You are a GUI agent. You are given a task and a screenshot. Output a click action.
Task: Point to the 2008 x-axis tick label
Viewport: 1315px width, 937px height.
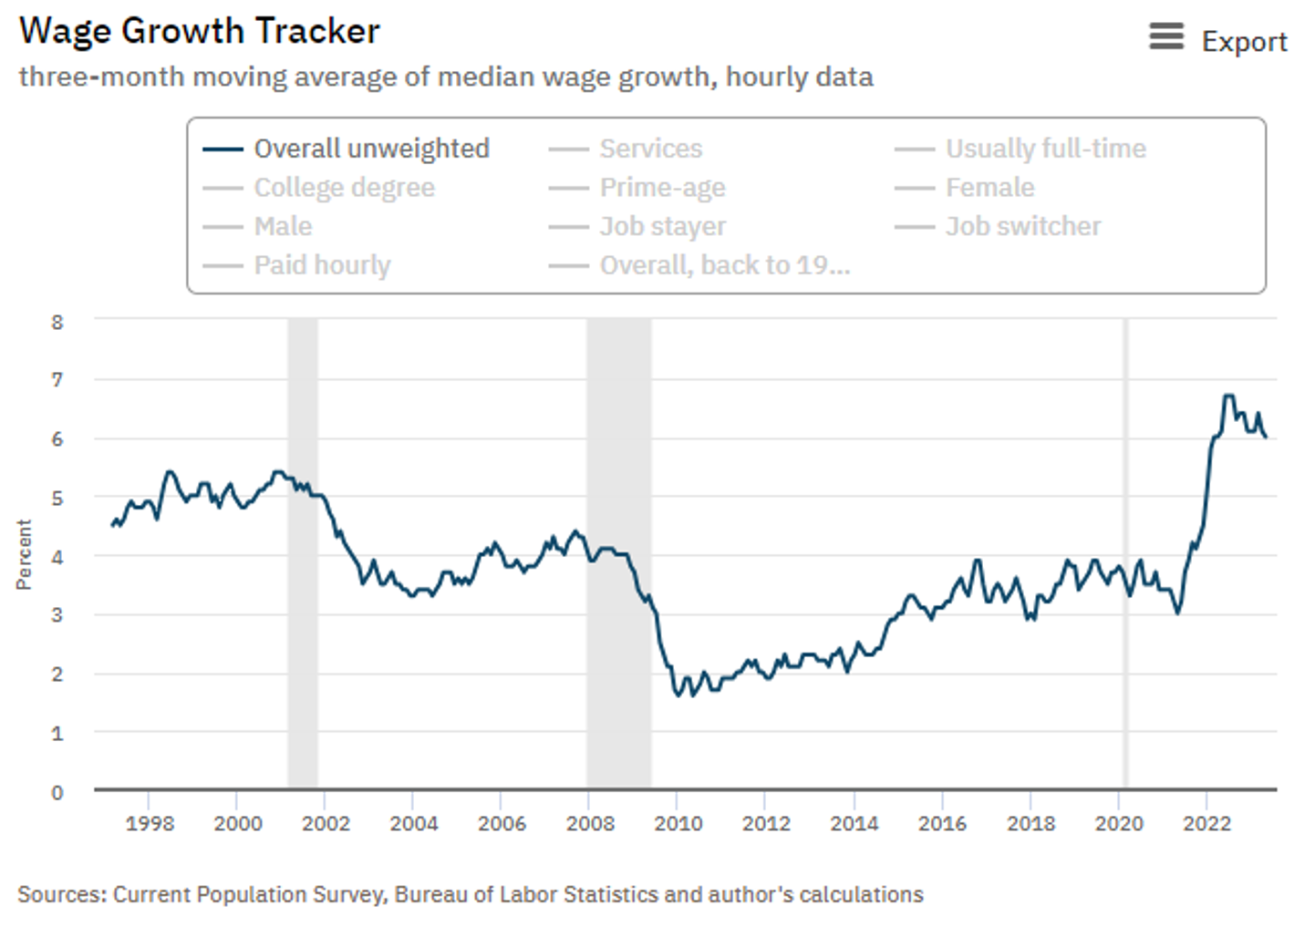[590, 823]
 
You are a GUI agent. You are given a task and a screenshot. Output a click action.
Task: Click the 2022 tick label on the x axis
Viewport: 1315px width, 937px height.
[1206, 823]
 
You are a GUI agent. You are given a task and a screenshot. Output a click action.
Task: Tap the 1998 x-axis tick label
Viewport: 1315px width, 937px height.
[150, 823]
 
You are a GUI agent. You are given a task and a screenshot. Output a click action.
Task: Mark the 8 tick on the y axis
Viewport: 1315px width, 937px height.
[57, 322]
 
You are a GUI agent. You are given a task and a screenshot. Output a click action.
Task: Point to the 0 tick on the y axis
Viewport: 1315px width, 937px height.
[57, 792]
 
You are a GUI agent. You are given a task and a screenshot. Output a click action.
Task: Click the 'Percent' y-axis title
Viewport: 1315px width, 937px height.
[24, 555]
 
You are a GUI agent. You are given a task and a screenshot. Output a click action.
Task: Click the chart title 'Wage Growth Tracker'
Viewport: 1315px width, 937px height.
[200, 31]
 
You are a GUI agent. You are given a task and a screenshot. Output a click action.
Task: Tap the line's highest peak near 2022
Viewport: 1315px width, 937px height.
[1228, 396]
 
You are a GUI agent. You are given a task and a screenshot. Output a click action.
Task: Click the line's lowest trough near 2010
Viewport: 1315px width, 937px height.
[678, 695]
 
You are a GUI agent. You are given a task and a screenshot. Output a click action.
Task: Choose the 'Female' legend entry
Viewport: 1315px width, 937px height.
[989, 188]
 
